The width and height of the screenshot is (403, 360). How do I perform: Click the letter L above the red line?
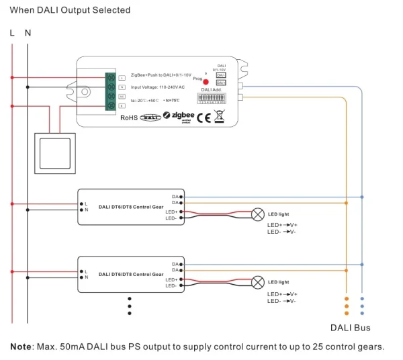point(12,33)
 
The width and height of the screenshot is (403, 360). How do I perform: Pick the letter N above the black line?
point(28,33)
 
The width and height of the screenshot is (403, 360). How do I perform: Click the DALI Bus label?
point(350,328)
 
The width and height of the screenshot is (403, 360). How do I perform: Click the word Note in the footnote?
point(23,347)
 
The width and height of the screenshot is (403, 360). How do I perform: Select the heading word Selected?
point(111,11)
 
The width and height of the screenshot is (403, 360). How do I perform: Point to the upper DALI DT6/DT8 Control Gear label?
point(131,207)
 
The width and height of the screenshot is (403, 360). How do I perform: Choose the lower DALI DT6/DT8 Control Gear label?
point(131,274)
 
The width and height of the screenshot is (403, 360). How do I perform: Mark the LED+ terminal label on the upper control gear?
point(171,212)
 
